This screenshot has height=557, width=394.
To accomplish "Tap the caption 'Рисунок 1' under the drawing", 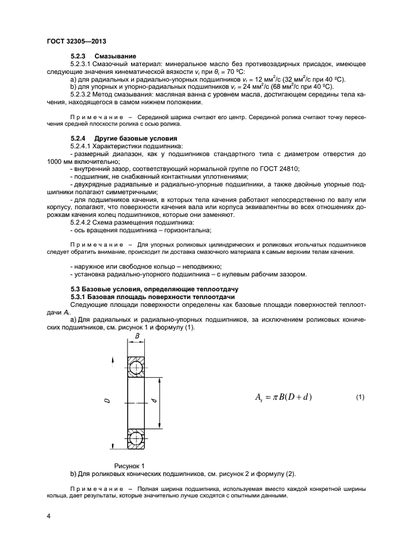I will (x=129, y=465).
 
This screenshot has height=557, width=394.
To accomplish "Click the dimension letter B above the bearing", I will (x=136, y=336).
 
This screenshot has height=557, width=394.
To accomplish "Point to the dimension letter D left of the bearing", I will (x=107, y=402).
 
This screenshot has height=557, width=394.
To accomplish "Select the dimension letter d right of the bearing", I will (x=154, y=402).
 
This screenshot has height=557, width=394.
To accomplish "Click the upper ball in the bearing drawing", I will (x=136, y=368).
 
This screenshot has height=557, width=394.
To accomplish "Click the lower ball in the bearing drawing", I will (x=136, y=438).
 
